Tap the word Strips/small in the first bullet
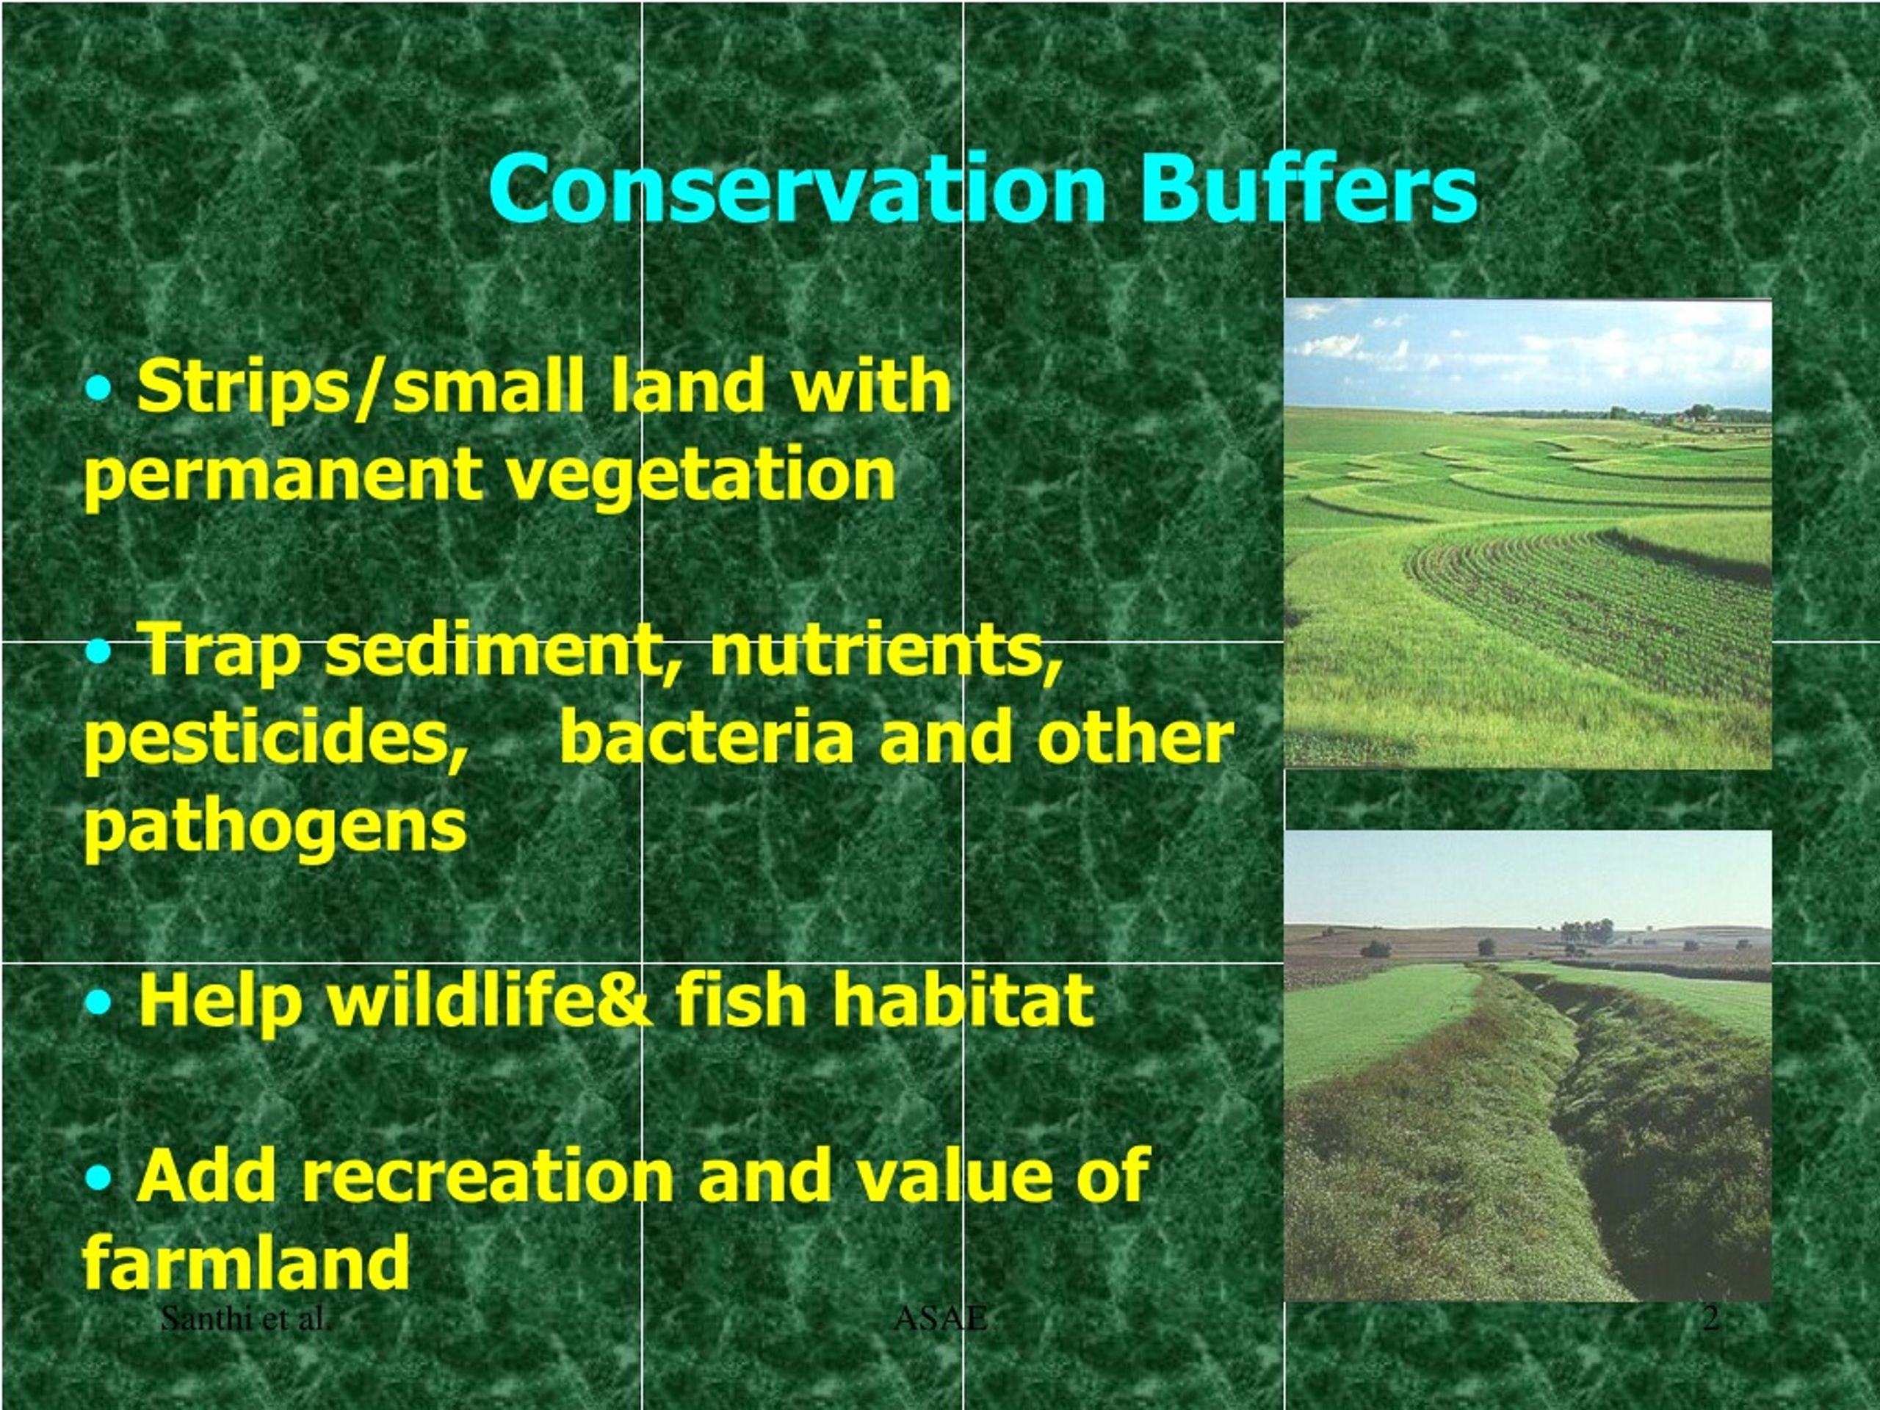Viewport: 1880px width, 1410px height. tap(361, 388)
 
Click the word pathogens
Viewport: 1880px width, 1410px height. tap(276, 827)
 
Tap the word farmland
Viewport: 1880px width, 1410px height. tap(247, 1264)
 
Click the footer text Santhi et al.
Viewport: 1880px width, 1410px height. tap(245, 1319)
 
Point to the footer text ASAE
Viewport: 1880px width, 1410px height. tap(941, 1319)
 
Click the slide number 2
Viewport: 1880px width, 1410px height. tap(1711, 1319)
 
